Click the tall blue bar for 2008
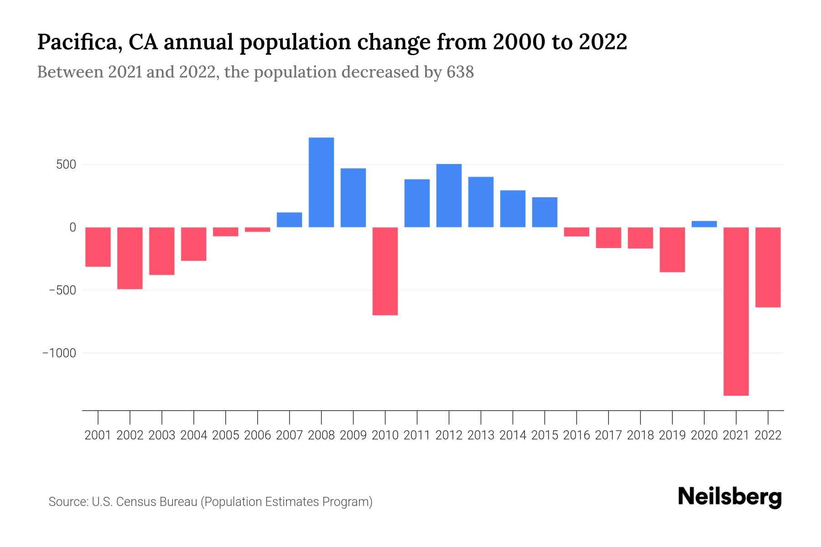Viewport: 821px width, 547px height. pos(321,182)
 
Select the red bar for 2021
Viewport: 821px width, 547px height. pos(736,311)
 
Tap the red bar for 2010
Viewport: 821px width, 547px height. pos(385,271)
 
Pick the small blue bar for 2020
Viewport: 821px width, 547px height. pos(704,224)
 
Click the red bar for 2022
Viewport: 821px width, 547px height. pos(768,267)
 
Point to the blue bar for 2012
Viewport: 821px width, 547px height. pos(449,196)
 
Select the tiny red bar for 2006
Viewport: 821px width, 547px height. pos(257,229)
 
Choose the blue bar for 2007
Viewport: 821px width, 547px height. pos(289,220)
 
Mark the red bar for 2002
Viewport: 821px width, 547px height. pos(130,258)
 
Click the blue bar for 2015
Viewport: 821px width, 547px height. pos(544,212)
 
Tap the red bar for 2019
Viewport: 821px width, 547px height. pos(672,249)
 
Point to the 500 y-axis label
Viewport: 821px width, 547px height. pos(66,165)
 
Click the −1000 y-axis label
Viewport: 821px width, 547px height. pos(59,353)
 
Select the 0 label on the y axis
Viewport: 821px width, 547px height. pos(73,227)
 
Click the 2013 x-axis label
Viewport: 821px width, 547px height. pos(481,435)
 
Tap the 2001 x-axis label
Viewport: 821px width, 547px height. pos(98,435)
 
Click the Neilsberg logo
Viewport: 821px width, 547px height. pos(730,497)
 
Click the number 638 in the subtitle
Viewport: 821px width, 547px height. pos(460,72)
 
